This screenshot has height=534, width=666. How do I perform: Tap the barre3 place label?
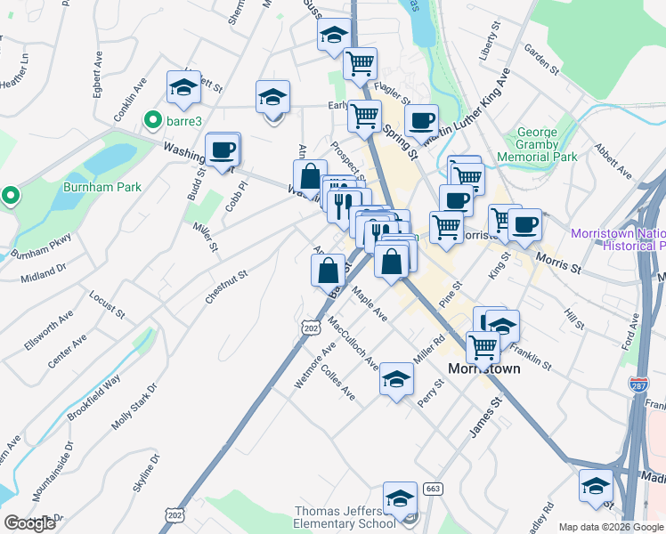[x=185, y=120]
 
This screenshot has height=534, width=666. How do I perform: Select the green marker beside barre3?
[x=152, y=120]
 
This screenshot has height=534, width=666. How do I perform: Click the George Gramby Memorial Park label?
[x=549, y=144]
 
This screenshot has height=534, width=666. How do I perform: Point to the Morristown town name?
[x=483, y=368]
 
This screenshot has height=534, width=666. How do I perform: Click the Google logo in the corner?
[x=29, y=523]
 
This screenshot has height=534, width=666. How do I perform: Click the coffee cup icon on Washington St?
[x=222, y=149]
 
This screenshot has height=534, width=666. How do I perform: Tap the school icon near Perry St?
[x=396, y=380]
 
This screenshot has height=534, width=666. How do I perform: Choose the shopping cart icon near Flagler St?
[x=360, y=63]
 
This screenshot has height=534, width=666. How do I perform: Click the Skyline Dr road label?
[x=144, y=475]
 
